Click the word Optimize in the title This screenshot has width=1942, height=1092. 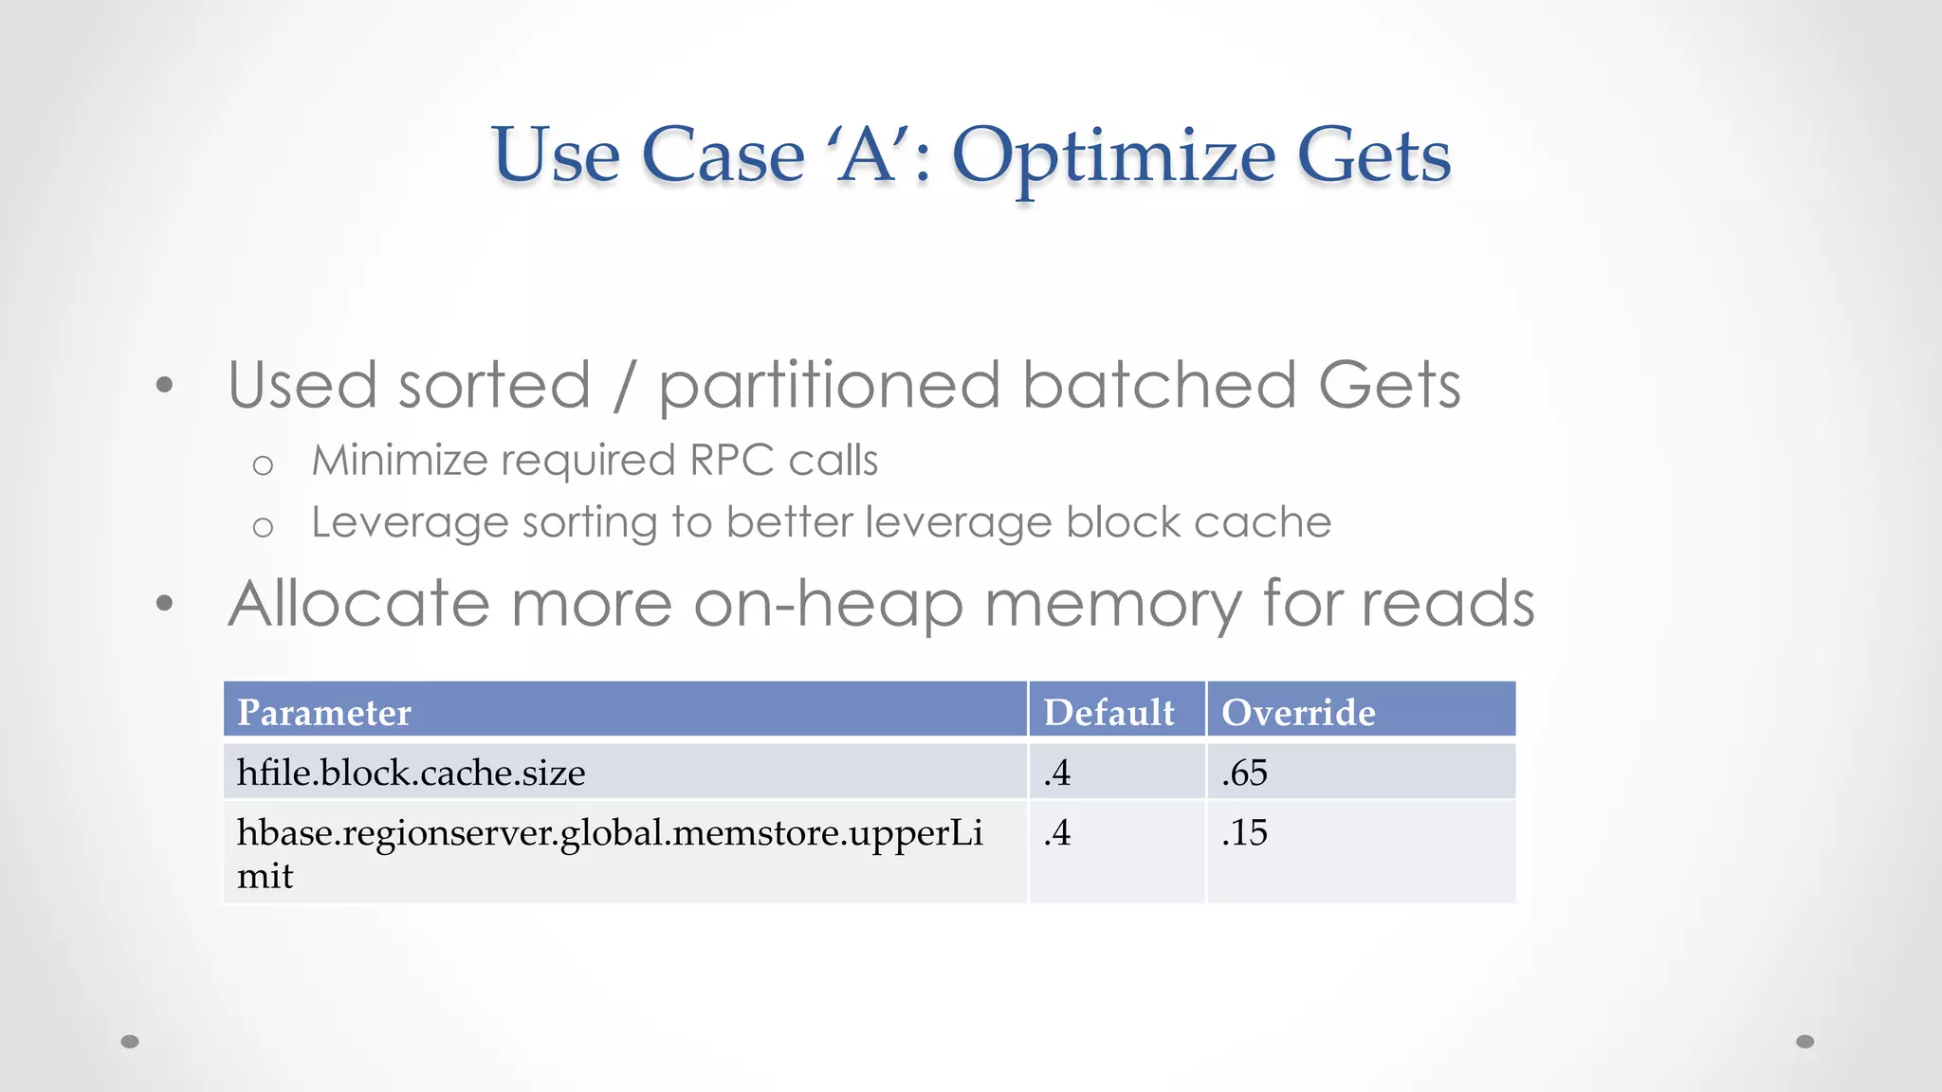coord(1113,156)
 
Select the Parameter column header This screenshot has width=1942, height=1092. coord(323,713)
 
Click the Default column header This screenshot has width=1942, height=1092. coord(1108,713)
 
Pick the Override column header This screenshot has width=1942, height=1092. coord(1297,713)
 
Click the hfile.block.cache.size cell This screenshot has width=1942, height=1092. coord(411,773)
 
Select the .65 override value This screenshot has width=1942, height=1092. coord(1244,773)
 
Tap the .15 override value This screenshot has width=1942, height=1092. coord(1244,832)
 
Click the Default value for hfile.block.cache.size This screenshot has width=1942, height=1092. coord(1057,773)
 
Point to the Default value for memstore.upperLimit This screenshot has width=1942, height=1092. coord(1057,832)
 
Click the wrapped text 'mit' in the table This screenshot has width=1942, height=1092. coord(265,876)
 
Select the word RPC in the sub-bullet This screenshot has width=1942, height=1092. coord(731,461)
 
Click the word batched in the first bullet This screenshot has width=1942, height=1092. coord(1159,386)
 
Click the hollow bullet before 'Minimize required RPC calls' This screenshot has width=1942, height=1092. coord(263,465)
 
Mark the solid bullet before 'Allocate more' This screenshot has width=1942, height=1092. coord(165,603)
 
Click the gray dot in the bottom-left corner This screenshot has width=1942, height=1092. coord(130,1042)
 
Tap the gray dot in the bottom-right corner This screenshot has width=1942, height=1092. coord(1805,1042)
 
